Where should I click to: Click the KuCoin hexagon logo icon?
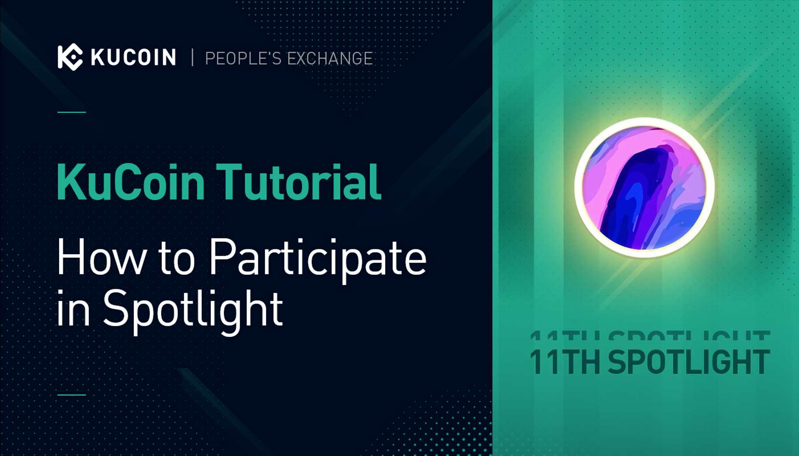click(70, 57)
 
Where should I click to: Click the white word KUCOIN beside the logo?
click(133, 57)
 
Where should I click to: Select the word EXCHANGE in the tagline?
click(330, 58)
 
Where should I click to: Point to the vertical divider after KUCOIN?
click(192, 58)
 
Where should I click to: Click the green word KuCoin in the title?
click(131, 182)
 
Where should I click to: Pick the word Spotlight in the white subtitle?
click(193, 310)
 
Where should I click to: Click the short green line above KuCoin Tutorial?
click(72, 112)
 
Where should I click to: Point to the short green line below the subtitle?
click(72, 394)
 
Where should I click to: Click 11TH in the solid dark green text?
click(565, 362)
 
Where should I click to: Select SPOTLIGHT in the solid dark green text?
click(689, 362)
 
